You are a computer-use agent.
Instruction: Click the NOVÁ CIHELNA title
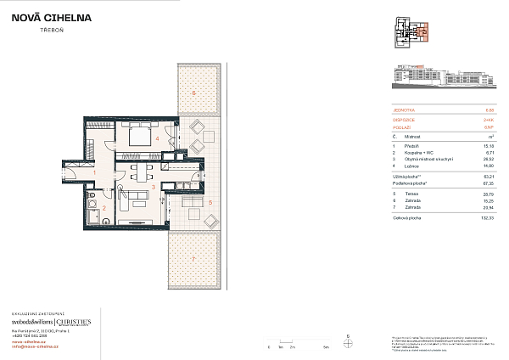[x=58, y=16]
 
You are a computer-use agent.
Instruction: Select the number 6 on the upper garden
[x=193, y=91]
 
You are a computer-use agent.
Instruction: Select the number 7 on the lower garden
[x=193, y=257]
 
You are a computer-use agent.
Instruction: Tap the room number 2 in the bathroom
[x=103, y=207]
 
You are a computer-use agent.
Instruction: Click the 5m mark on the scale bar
[x=326, y=347]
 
